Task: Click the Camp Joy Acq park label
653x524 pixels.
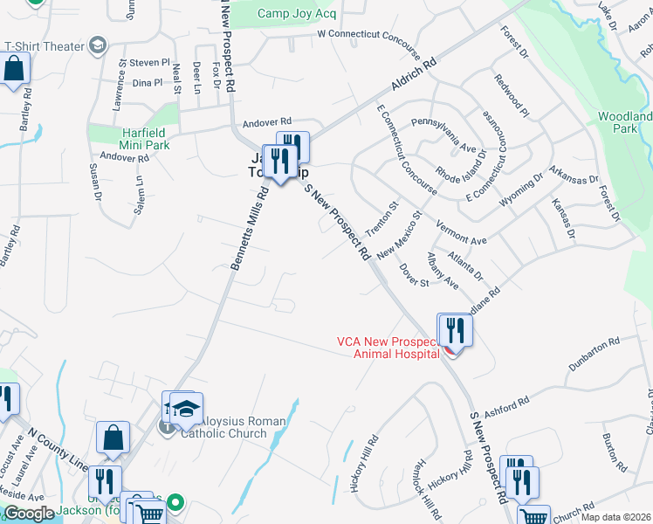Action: point(297,13)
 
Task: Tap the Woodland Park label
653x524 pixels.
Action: point(624,122)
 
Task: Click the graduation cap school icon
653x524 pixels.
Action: point(185,408)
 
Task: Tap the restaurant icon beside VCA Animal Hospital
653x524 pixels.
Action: point(455,330)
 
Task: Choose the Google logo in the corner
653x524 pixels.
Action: point(29,514)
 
